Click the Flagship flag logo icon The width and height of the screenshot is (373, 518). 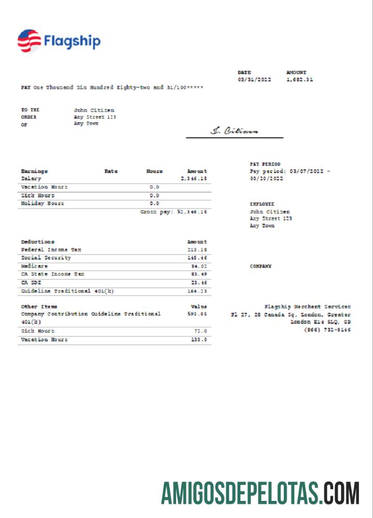29,41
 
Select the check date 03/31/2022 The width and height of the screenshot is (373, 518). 254,80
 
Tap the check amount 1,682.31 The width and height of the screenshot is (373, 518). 299,80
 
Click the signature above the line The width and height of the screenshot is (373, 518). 234,131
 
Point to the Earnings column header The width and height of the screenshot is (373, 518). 34,171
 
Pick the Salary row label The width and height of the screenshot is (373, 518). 31,178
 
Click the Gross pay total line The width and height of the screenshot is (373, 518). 173,212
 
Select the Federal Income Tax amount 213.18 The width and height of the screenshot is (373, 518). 197,250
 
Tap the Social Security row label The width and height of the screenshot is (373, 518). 46,258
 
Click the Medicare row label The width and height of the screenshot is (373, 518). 34,266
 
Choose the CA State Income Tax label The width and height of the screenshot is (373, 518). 52,274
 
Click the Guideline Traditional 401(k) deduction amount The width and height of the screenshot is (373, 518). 197,291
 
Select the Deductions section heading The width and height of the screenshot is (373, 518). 37,241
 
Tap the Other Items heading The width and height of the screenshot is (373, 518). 39,307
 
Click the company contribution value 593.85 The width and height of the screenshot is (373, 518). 197,314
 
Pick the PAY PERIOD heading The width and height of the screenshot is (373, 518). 265,164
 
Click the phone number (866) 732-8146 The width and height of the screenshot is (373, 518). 327,330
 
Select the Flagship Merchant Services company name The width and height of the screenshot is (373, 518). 307,307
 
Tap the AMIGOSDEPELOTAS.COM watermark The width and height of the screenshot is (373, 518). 260,493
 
